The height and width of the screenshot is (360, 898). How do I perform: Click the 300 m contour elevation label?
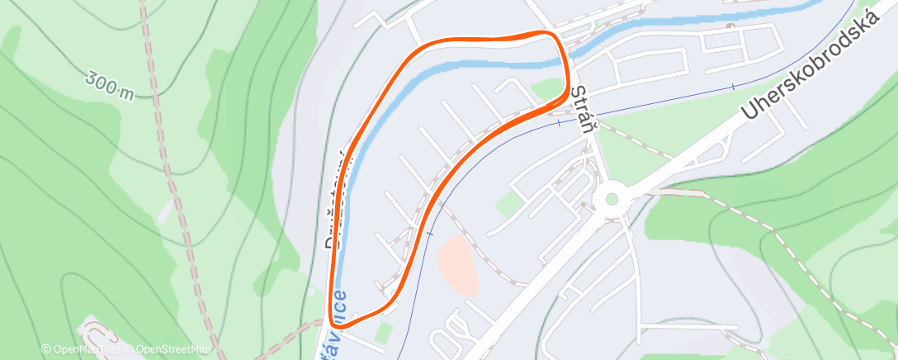point(109,85)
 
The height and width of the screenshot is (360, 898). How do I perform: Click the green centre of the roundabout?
point(611,198)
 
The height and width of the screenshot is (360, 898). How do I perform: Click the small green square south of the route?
point(382,332)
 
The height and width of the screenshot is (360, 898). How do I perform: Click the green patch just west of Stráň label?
point(547,88)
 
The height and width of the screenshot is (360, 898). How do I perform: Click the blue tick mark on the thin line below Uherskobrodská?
point(732,86)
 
